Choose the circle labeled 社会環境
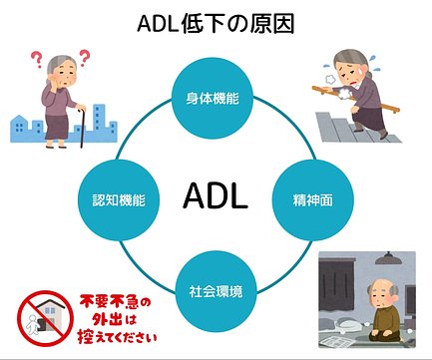(x=216, y=295)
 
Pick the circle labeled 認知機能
(x=113, y=197)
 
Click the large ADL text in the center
(x=216, y=196)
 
